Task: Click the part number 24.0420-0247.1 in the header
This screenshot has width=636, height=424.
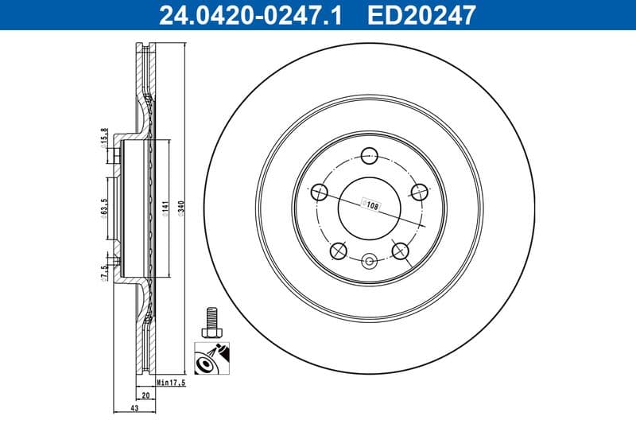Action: point(251,14)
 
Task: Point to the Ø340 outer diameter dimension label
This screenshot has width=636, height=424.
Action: point(184,209)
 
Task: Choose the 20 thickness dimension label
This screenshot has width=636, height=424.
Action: point(145,395)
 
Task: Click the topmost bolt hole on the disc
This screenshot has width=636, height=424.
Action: point(370,156)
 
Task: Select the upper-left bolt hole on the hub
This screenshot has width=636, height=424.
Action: point(320,192)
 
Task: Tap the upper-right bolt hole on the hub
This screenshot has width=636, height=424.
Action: point(420,192)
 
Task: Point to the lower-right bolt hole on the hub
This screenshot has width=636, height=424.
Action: point(401,251)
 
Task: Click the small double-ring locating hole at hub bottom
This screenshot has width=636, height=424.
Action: point(370,260)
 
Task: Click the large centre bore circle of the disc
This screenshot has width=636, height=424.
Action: point(370,209)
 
